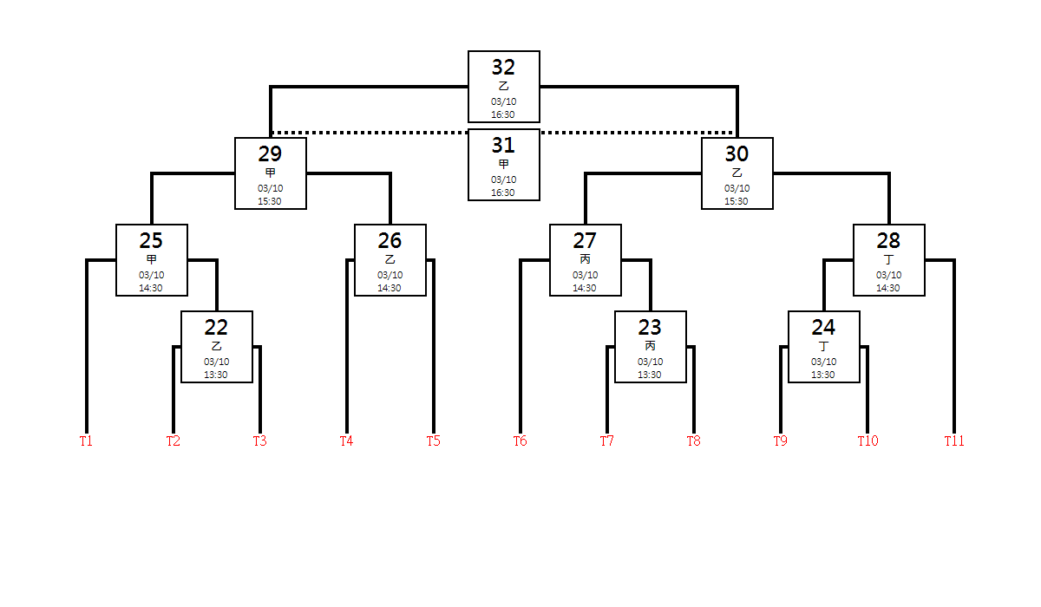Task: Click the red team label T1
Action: [86, 441]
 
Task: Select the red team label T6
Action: [520, 441]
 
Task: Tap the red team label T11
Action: [954, 441]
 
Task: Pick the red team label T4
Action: [346, 441]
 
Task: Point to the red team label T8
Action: [693, 441]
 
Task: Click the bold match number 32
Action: [503, 68]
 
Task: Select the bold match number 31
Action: [503, 146]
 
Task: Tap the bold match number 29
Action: [270, 153]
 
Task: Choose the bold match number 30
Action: [737, 153]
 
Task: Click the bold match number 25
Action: [151, 240]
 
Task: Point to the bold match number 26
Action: [390, 240]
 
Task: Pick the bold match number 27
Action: [585, 240]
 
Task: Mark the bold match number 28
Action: [888, 240]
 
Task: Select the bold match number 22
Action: [216, 328]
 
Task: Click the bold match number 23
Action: [650, 328]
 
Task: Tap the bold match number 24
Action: [823, 328]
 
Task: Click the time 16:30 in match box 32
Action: [503, 114]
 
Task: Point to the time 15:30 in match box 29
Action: [270, 201]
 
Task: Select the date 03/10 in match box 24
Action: [823, 362]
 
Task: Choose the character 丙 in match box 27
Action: [585, 259]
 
